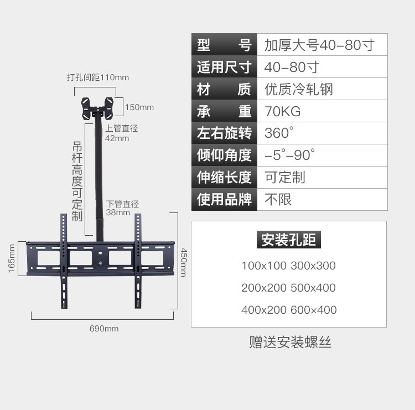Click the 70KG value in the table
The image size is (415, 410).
tap(283, 111)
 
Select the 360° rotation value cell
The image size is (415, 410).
tap(278, 133)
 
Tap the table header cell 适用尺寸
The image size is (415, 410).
tap(224, 68)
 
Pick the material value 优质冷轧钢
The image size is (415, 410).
tap(299, 89)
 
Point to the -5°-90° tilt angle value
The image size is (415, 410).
tap(289, 155)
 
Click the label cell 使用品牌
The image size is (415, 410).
tap(224, 199)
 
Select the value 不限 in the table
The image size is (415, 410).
tap(278, 199)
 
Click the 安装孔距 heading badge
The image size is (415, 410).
tap(289, 240)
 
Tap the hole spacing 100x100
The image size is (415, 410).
tap(264, 266)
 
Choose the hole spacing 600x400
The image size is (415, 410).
tap(313, 310)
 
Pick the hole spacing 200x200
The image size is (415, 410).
tap(264, 288)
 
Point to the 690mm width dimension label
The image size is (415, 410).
tap(104, 329)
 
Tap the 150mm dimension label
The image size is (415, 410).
tap(139, 107)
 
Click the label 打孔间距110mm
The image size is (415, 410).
tap(97, 77)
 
